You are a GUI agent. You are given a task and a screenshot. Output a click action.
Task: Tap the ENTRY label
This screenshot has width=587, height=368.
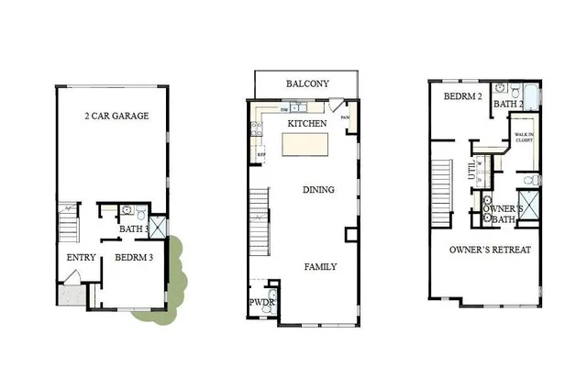pos(75,258)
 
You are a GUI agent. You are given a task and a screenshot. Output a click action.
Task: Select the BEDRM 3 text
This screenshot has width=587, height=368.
pos(133,258)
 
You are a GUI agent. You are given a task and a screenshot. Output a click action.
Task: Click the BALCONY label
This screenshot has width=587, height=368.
pos(307,84)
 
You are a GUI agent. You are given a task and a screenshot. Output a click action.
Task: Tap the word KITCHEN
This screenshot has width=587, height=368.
pos(307,123)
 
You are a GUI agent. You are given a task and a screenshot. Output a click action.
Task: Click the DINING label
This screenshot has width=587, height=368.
pos(318,191)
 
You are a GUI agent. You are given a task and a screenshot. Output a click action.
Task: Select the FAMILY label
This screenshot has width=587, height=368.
pos(320,267)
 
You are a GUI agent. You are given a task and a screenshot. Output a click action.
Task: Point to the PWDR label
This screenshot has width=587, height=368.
pos(261,303)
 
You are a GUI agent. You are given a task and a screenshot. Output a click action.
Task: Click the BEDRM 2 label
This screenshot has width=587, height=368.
pos(462,96)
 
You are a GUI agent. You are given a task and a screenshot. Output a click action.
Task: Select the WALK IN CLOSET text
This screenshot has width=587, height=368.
pos(525,138)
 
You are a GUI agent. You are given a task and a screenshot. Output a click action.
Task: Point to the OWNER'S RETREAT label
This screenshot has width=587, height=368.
pos(491,250)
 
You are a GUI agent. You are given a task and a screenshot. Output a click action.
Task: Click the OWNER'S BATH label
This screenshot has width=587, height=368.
pos(503,214)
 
